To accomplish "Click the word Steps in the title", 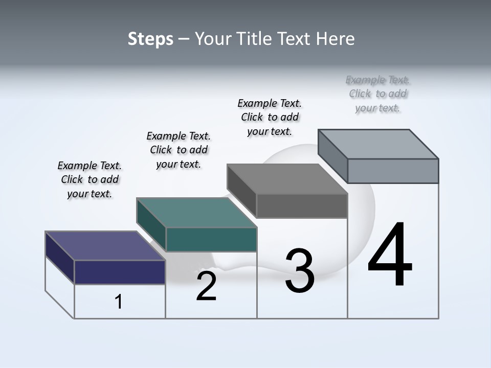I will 150,39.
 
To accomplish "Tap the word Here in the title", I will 336,39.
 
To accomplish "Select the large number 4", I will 390,256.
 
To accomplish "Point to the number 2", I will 206,287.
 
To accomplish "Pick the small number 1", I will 119,302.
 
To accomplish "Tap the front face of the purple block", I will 120,272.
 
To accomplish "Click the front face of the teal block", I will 211,239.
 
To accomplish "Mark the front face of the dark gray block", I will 302,205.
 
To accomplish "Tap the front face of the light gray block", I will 393,171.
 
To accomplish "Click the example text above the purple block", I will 90,180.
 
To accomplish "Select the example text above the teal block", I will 178,150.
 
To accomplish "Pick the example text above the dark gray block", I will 270,118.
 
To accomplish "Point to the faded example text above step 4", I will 378,94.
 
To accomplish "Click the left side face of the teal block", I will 151,225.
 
